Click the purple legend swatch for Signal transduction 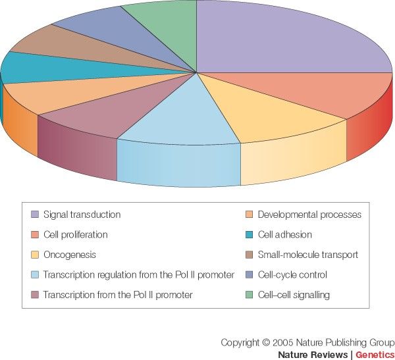35,215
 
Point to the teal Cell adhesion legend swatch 249,234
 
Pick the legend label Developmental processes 309,215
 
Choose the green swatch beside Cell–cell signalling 249,295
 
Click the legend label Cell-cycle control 292,274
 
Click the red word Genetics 375,354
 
